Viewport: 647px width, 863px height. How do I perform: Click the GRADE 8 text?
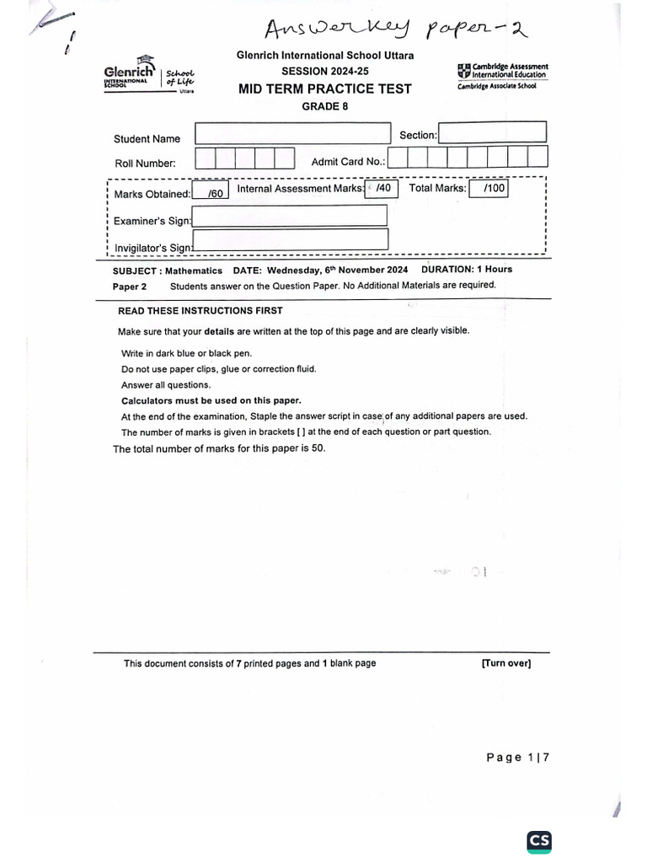tap(324, 106)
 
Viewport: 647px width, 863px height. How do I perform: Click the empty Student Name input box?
tap(292, 134)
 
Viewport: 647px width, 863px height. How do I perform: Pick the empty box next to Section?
tap(492, 132)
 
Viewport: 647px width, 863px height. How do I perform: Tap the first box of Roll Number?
tap(205, 158)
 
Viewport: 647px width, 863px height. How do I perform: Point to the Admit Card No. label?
tap(348, 162)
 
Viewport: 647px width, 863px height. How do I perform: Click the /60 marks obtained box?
tap(211, 193)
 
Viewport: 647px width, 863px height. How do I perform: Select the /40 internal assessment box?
tap(381, 189)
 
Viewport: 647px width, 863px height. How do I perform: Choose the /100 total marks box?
tap(489, 189)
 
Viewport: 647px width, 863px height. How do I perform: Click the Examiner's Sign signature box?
tap(290, 216)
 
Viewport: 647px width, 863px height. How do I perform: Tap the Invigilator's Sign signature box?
tap(290, 240)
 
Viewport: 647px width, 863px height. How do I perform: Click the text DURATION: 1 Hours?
tap(466, 270)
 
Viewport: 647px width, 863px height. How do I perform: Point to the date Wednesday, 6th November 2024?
tap(337, 271)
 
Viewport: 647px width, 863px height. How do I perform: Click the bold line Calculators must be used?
tap(211, 400)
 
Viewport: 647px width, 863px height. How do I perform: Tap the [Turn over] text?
tap(505, 663)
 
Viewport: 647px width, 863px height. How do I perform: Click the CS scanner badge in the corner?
tap(539, 841)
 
